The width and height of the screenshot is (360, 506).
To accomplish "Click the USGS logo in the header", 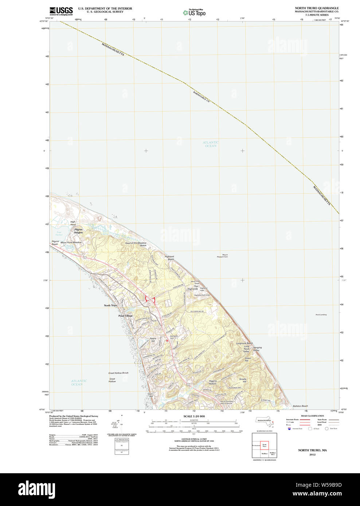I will point(61,11).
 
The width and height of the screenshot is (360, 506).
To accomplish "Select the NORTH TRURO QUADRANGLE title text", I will point(317,8).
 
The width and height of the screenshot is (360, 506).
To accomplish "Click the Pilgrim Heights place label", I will point(78,231).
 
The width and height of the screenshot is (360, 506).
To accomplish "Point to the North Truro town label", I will point(110,305).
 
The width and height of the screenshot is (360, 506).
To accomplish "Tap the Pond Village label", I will point(125,316).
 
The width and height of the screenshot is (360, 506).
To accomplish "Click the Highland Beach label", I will point(169,258).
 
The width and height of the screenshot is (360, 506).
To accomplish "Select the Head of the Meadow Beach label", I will point(136,244).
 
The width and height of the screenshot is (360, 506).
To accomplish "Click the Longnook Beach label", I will point(244,343).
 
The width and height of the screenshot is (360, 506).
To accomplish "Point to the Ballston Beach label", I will point(300,406).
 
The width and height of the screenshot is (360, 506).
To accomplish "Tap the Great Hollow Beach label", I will point(118,373).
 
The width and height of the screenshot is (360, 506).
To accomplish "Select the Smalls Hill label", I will point(243,380).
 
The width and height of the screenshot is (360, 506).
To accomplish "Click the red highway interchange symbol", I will point(150,299).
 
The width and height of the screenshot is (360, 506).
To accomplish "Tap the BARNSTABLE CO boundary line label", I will point(201,96).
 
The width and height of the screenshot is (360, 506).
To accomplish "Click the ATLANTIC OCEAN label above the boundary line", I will point(211,144).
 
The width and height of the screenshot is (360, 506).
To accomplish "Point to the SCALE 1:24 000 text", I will point(194,416).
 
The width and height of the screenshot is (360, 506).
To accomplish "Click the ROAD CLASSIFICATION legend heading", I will point(312,416).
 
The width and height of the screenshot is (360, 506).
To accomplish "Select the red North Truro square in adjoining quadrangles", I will point(264,446).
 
